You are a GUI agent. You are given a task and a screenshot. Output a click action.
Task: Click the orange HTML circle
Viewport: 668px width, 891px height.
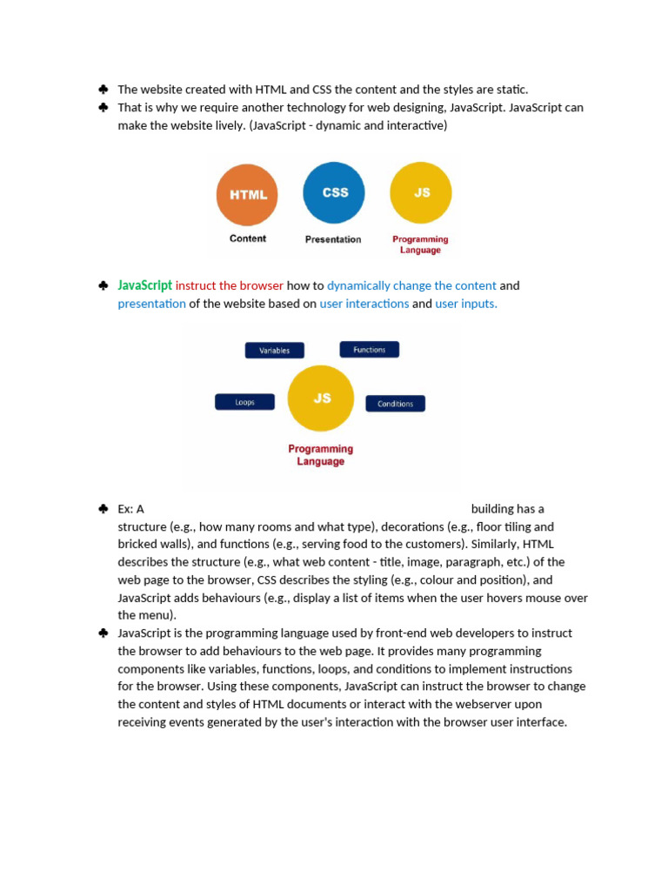[x=248, y=195]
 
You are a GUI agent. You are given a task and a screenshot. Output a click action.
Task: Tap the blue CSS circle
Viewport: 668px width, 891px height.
[x=334, y=192]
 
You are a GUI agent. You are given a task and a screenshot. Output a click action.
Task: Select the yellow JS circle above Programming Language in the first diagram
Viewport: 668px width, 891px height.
[x=421, y=192]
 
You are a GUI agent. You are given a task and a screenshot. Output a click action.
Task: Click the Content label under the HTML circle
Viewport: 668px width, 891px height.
[x=248, y=238]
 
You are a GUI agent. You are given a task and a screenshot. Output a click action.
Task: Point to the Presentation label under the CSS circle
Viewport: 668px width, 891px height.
[x=333, y=239]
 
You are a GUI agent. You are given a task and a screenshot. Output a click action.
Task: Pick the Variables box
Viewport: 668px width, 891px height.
[x=274, y=351]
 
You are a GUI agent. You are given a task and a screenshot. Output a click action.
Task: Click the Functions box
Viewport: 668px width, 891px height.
[x=369, y=350]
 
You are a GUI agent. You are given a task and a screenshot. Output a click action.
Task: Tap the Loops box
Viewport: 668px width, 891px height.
[x=244, y=403]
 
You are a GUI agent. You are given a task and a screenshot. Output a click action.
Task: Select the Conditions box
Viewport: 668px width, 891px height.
[x=395, y=404]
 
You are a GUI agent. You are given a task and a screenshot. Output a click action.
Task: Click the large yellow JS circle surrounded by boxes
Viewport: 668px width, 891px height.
[x=321, y=399]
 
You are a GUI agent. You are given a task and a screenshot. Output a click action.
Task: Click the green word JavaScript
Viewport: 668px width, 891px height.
[x=145, y=285]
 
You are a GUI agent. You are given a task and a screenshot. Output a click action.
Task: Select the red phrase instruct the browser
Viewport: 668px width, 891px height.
[x=230, y=285]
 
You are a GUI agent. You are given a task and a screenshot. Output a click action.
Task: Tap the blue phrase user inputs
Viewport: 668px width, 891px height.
[x=466, y=304]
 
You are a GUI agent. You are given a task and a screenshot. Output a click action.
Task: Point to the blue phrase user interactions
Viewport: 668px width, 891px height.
[x=364, y=304]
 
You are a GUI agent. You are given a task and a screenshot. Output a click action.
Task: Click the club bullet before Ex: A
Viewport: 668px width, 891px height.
[x=103, y=508]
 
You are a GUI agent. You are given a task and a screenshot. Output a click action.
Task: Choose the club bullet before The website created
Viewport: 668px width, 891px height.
[x=103, y=89]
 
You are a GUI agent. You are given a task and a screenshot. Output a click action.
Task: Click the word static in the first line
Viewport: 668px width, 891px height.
[x=511, y=90]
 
